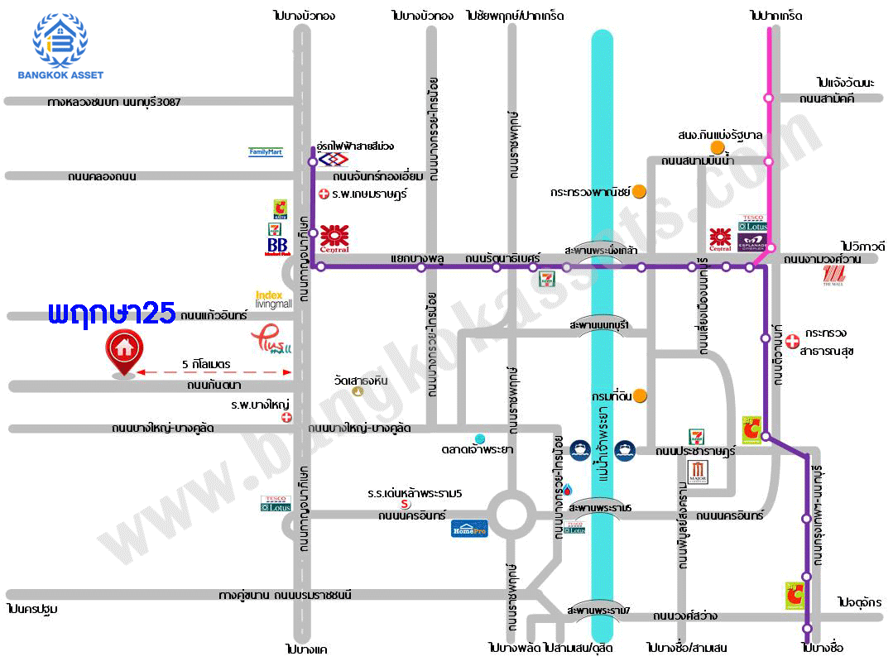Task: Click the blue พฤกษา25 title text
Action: coord(112,313)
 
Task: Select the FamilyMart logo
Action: coord(266,152)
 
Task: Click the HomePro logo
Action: coord(469,528)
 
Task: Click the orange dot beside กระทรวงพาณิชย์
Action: coord(640,192)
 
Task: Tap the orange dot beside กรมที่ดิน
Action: coord(640,396)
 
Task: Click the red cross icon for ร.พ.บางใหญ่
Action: coord(287,418)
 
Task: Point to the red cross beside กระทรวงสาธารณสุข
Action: coord(792,340)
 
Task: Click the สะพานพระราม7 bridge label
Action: coord(598,611)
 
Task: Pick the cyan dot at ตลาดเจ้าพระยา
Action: coord(480,438)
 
